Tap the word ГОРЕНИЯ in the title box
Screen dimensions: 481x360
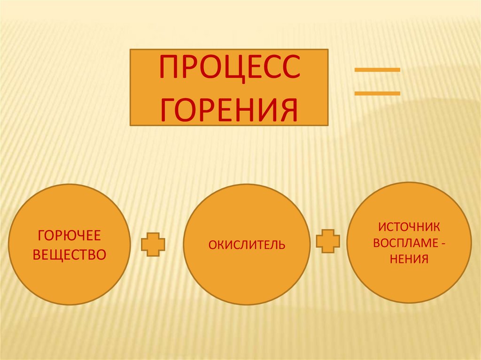(x=229, y=109)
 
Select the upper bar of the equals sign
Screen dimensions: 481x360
(x=377, y=70)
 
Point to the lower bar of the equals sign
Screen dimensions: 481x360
(x=377, y=93)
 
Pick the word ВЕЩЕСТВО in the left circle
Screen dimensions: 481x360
(x=69, y=255)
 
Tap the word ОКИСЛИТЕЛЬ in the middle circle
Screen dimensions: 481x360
(x=247, y=245)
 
